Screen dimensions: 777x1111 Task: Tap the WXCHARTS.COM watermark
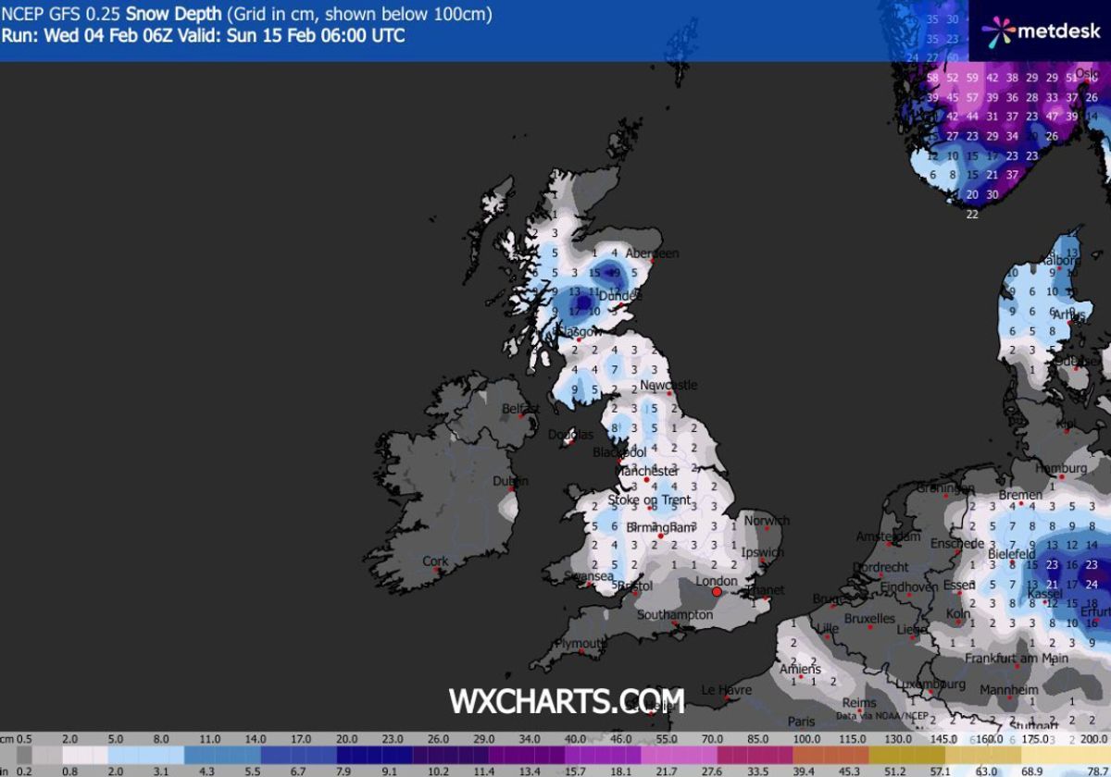566,700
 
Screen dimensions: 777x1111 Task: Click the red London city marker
716,591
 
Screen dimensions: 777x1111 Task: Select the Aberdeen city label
652,253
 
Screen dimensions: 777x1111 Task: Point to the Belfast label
520,408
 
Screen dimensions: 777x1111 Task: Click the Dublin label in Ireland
510,481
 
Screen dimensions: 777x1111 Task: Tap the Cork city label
435,561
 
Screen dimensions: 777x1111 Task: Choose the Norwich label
768,521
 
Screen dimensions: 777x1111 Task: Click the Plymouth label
580,643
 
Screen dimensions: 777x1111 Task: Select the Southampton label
675,614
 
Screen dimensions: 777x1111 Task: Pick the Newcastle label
668,385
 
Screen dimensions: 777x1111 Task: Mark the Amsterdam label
887,536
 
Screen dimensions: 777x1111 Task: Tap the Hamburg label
1060,469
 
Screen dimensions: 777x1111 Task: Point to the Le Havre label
725,689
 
